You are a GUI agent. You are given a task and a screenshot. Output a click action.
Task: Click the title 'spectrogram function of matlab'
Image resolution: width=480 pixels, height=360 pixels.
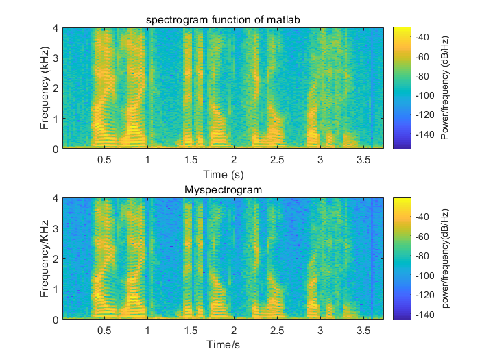click(x=223, y=19)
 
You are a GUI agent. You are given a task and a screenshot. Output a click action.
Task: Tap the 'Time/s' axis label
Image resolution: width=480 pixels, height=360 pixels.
click(x=223, y=345)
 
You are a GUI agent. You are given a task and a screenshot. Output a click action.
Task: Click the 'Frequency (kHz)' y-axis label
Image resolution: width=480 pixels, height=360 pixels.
click(x=45, y=88)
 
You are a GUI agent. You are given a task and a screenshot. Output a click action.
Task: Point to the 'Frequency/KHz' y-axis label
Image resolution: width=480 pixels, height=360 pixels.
click(x=45, y=259)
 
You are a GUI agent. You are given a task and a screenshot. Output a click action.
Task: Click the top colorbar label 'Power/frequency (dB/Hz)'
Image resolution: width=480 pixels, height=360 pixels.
click(x=445, y=88)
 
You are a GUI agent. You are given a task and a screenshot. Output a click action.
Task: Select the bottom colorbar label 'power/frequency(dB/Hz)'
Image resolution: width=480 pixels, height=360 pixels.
click(x=445, y=259)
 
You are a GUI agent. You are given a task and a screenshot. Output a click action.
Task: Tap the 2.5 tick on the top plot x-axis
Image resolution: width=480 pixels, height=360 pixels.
click(x=277, y=160)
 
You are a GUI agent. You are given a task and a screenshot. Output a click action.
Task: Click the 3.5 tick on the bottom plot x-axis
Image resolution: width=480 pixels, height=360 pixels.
click(x=363, y=331)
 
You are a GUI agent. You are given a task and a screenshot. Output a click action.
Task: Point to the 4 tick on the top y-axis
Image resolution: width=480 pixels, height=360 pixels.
click(x=56, y=28)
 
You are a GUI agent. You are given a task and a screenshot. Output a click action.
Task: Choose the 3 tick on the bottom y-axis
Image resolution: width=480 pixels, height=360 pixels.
click(x=56, y=228)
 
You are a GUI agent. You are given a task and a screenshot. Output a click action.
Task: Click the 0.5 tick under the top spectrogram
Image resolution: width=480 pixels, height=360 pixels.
click(x=104, y=160)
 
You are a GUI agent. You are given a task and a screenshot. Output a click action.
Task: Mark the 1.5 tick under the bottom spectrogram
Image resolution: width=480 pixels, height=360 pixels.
click(x=191, y=331)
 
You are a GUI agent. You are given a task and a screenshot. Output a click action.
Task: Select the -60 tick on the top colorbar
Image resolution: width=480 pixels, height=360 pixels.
click(x=424, y=57)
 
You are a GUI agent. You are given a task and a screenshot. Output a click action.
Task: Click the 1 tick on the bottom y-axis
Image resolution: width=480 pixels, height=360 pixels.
click(x=56, y=289)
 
